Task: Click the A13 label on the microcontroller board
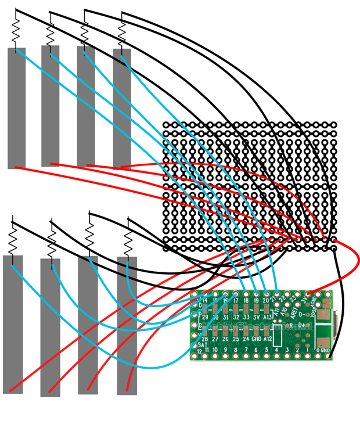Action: [267, 318]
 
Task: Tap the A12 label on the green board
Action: [267, 338]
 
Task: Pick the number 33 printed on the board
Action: [246, 318]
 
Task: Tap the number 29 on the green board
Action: [204, 318]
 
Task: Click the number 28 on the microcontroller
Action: [204, 338]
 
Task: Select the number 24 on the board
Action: [246, 338]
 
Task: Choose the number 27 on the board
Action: [215, 338]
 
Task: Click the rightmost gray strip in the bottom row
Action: [127, 325]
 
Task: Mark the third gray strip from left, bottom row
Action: [87, 325]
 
